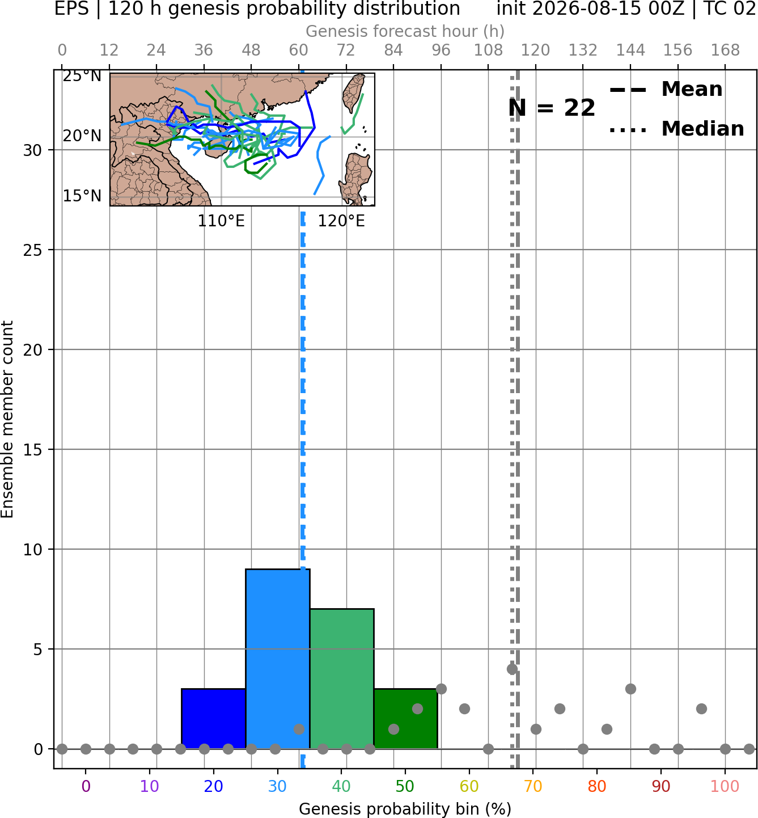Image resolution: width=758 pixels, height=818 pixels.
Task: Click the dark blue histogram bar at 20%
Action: (214, 719)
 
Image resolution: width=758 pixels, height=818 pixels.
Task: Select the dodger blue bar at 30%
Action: (278, 659)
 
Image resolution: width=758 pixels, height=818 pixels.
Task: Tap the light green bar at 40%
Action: (342, 679)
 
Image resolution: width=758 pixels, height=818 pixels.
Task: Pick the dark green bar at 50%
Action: (406, 719)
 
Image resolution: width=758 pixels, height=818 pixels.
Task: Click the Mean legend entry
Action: (666, 89)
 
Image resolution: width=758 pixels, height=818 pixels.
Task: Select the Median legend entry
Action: (677, 129)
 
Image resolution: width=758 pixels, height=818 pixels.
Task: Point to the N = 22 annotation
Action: (552, 108)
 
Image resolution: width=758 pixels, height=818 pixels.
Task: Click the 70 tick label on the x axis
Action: (533, 786)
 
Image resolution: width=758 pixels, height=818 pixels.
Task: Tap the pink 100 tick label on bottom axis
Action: (725, 786)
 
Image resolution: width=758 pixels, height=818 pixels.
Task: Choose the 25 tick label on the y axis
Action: (33, 250)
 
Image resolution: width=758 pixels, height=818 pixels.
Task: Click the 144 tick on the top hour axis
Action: (630, 50)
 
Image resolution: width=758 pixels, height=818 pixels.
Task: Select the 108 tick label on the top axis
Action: (488, 50)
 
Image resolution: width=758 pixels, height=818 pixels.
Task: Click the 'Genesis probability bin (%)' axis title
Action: (405, 809)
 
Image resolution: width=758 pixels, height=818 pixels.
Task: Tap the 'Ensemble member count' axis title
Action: (7, 419)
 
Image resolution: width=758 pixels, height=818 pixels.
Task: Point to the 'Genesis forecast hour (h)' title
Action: (405, 31)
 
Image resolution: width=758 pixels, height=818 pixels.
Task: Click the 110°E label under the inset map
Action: (221, 221)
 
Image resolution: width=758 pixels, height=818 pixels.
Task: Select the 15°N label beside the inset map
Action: (82, 196)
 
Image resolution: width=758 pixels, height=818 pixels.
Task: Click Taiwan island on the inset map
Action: (354, 92)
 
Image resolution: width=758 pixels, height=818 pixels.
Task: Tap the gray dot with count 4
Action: (512, 669)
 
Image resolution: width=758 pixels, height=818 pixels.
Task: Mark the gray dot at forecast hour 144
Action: (630, 689)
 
